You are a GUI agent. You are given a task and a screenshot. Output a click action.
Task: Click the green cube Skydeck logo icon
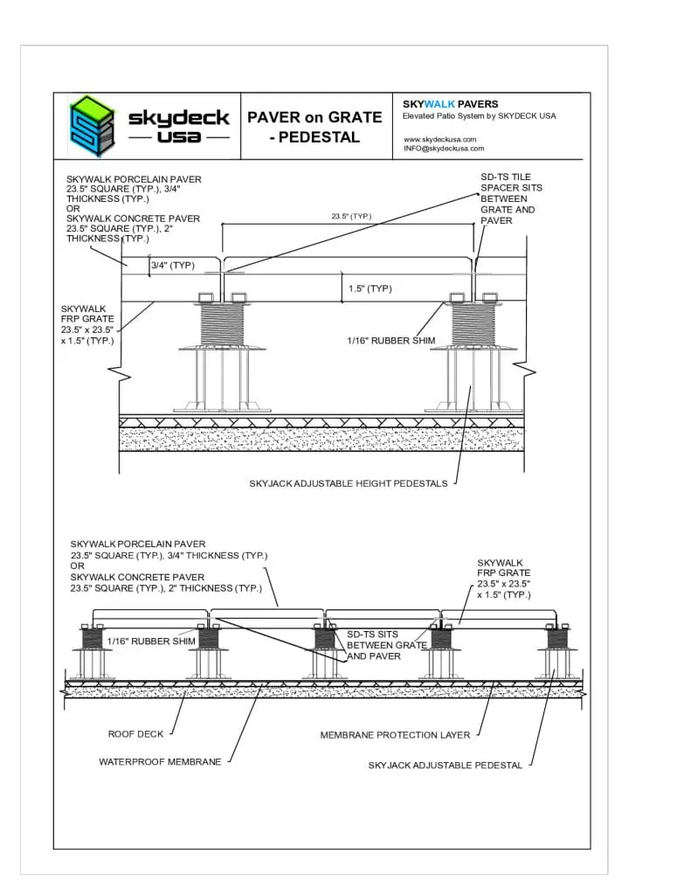coord(92,125)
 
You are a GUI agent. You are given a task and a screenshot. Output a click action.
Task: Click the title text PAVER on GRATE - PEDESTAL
coord(314,127)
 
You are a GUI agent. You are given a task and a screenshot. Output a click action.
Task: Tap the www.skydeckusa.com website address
coord(439,139)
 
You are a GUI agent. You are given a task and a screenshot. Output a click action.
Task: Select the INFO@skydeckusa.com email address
coord(443,149)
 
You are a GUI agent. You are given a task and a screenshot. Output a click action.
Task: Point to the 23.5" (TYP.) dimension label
coord(351,216)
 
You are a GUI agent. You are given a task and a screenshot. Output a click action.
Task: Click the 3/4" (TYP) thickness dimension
coord(172,265)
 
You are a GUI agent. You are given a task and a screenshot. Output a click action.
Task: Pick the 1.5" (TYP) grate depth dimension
coord(370,288)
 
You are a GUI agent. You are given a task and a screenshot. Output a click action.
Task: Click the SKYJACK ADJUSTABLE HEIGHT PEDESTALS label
coord(348,483)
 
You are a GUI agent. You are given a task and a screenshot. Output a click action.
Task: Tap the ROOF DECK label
coord(135,734)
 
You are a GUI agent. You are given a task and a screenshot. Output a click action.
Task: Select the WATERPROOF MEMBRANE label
coord(160,762)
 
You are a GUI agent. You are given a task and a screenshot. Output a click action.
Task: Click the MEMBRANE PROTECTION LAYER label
coord(395,735)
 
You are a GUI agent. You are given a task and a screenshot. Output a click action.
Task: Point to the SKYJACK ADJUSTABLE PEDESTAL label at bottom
coord(445,765)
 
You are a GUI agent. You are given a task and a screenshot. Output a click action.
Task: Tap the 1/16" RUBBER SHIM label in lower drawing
coord(151,642)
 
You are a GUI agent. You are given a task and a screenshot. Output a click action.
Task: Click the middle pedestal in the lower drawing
coord(324,651)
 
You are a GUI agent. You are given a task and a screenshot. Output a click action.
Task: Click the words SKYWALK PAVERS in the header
coord(450,104)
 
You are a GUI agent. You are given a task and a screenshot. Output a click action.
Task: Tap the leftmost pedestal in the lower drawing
coord(93,651)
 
